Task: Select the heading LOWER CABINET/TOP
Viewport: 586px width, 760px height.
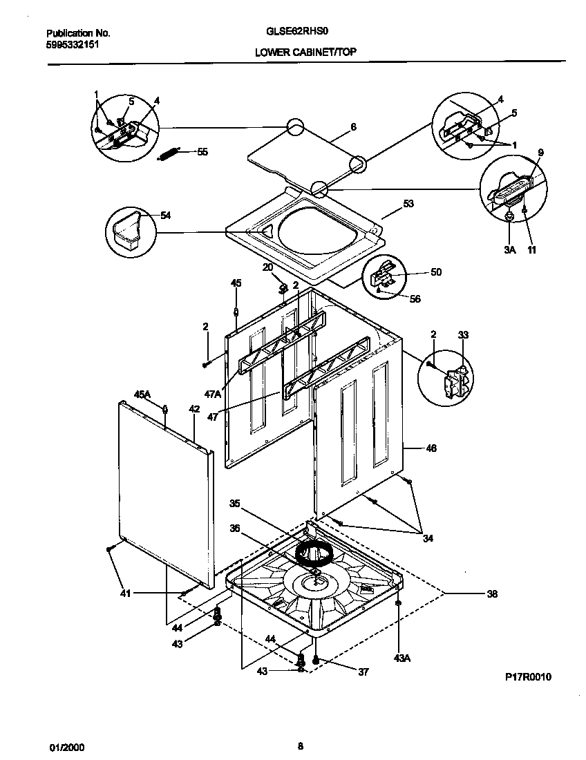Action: tap(305, 52)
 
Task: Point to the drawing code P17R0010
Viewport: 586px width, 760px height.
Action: tap(528, 677)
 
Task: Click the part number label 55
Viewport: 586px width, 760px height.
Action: tap(202, 151)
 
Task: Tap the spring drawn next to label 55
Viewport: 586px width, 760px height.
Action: tap(170, 154)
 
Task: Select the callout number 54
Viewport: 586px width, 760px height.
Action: tap(165, 216)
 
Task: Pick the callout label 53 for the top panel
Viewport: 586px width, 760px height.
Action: tap(408, 204)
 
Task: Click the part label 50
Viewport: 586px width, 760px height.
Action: tap(435, 272)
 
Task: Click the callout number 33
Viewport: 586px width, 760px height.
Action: tap(463, 335)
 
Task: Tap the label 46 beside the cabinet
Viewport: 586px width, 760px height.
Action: tap(431, 448)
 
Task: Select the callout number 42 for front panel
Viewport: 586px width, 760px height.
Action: tap(194, 410)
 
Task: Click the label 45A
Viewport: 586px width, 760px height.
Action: tap(142, 394)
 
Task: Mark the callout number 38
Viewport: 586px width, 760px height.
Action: tap(491, 593)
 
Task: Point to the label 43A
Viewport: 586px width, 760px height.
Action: tap(402, 658)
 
